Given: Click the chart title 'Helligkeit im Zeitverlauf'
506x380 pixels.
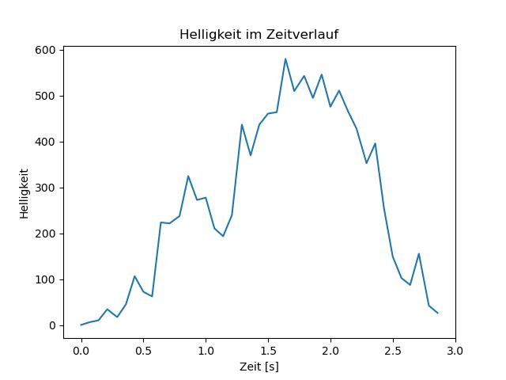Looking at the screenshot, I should pos(259,34).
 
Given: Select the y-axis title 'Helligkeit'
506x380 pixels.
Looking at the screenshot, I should pos(25,193).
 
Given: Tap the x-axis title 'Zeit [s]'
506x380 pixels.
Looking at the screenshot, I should pos(259,367).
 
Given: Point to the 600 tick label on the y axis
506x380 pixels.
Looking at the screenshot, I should pos(46,50).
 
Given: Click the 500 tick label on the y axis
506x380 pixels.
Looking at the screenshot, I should pos(46,96).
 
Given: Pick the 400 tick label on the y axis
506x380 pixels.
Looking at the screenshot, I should pos(46,142).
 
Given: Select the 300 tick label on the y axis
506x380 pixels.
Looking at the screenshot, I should pos(46,188).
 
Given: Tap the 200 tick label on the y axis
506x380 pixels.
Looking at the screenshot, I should pos(46,234).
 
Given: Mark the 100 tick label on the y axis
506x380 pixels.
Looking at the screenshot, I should pos(46,279).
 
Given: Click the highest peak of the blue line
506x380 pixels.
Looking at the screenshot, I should pos(285,59).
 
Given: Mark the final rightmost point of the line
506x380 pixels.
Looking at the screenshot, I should pos(438,313).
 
